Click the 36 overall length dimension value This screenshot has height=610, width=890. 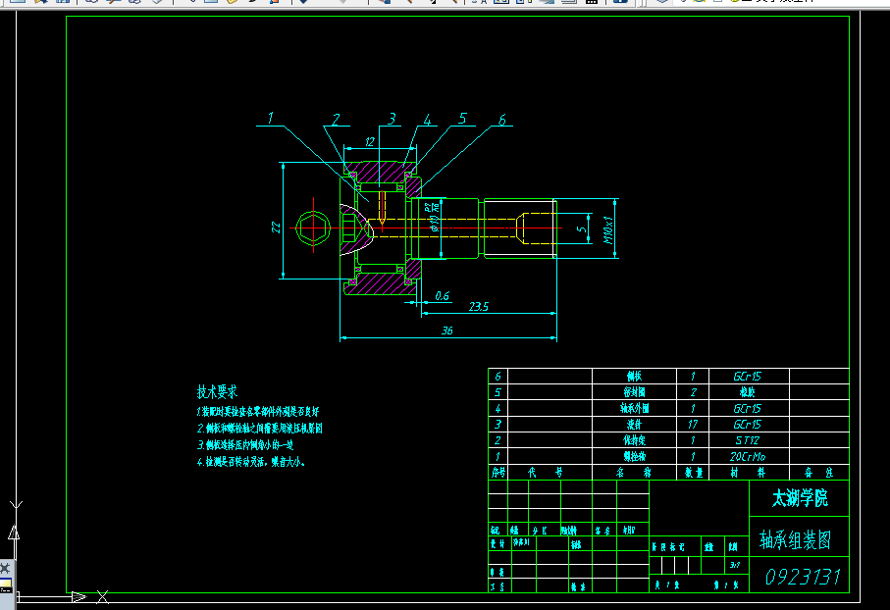tap(447, 331)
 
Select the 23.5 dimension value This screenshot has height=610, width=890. tap(479, 307)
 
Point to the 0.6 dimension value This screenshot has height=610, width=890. tap(442, 295)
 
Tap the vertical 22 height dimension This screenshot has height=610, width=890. tap(278, 227)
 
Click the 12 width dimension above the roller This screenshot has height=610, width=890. tap(369, 142)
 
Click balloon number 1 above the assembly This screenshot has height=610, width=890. tap(271, 119)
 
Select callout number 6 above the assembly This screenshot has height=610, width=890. tap(501, 120)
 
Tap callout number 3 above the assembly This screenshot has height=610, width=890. tap(392, 119)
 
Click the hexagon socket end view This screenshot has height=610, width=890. tap(313, 227)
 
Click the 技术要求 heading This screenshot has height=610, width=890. tap(218, 390)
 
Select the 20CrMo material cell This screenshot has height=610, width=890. tap(748, 456)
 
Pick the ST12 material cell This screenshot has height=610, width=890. tap(748, 440)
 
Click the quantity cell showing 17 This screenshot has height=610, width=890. tap(693, 425)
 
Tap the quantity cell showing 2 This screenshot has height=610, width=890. tap(693, 392)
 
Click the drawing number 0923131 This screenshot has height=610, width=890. tap(804, 576)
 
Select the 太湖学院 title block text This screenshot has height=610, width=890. tap(800, 499)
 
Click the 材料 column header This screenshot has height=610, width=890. tap(748, 473)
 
